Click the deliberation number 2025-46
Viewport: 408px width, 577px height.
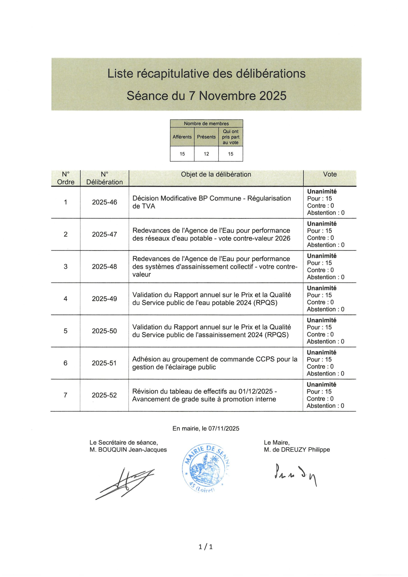pyautogui.click(x=104, y=202)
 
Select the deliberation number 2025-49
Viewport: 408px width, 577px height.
pyautogui.click(x=104, y=299)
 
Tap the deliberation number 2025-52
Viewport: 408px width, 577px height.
pyautogui.click(x=104, y=395)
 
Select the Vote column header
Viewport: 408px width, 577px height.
pyautogui.click(x=330, y=174)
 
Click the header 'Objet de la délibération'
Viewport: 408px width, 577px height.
pyautogui.click(x=216, y=174)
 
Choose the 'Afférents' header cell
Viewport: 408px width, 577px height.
pyautogui.click(x=182, y=137)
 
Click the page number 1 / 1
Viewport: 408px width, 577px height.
pyautogui.click(x=206, y=547)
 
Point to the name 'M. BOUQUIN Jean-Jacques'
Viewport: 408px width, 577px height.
pyautogui.click(x=128, y=450)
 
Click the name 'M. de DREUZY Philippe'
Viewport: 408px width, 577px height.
pyautogui.click(x=297, y=450)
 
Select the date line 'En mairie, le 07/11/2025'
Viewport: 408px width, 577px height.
pyautogui.click(x=206, y=428)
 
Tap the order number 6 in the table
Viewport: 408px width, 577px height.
pyautogui.click(x=65, y=363)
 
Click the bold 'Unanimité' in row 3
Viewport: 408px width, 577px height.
pyautogui.click(x=321, y=256)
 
